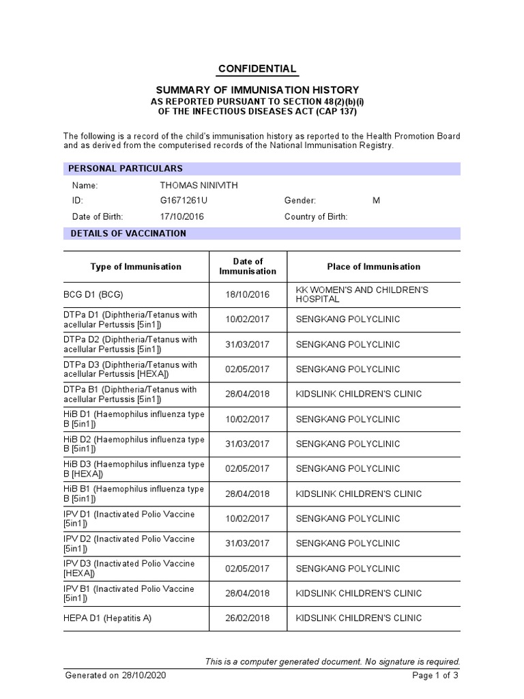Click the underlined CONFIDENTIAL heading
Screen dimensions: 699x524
pos(257,69)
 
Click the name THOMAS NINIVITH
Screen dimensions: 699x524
pos(199,186)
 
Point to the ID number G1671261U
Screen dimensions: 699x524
pos(184,201)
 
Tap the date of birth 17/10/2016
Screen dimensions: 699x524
pos(181,216)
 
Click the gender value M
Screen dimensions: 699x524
pos(376,201)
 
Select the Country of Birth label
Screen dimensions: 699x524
pos(316,216)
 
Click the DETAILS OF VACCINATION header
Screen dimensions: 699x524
pos(128,233)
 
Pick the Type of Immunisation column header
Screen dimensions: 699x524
pos(136,267)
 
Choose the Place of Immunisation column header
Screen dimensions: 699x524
pos(373,267)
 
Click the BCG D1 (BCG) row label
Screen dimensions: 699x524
pos(93,295)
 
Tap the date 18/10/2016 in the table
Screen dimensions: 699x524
pos(248,295)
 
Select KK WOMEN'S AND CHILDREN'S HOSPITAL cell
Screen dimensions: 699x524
pos(362,295)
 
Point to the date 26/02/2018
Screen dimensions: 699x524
pos(248,618)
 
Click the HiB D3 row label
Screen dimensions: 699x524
pos(134,469)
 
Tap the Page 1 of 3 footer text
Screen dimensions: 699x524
pos(435,676)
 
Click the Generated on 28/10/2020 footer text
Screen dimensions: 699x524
pos(115,676)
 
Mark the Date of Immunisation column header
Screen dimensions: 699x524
pos(248,267)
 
